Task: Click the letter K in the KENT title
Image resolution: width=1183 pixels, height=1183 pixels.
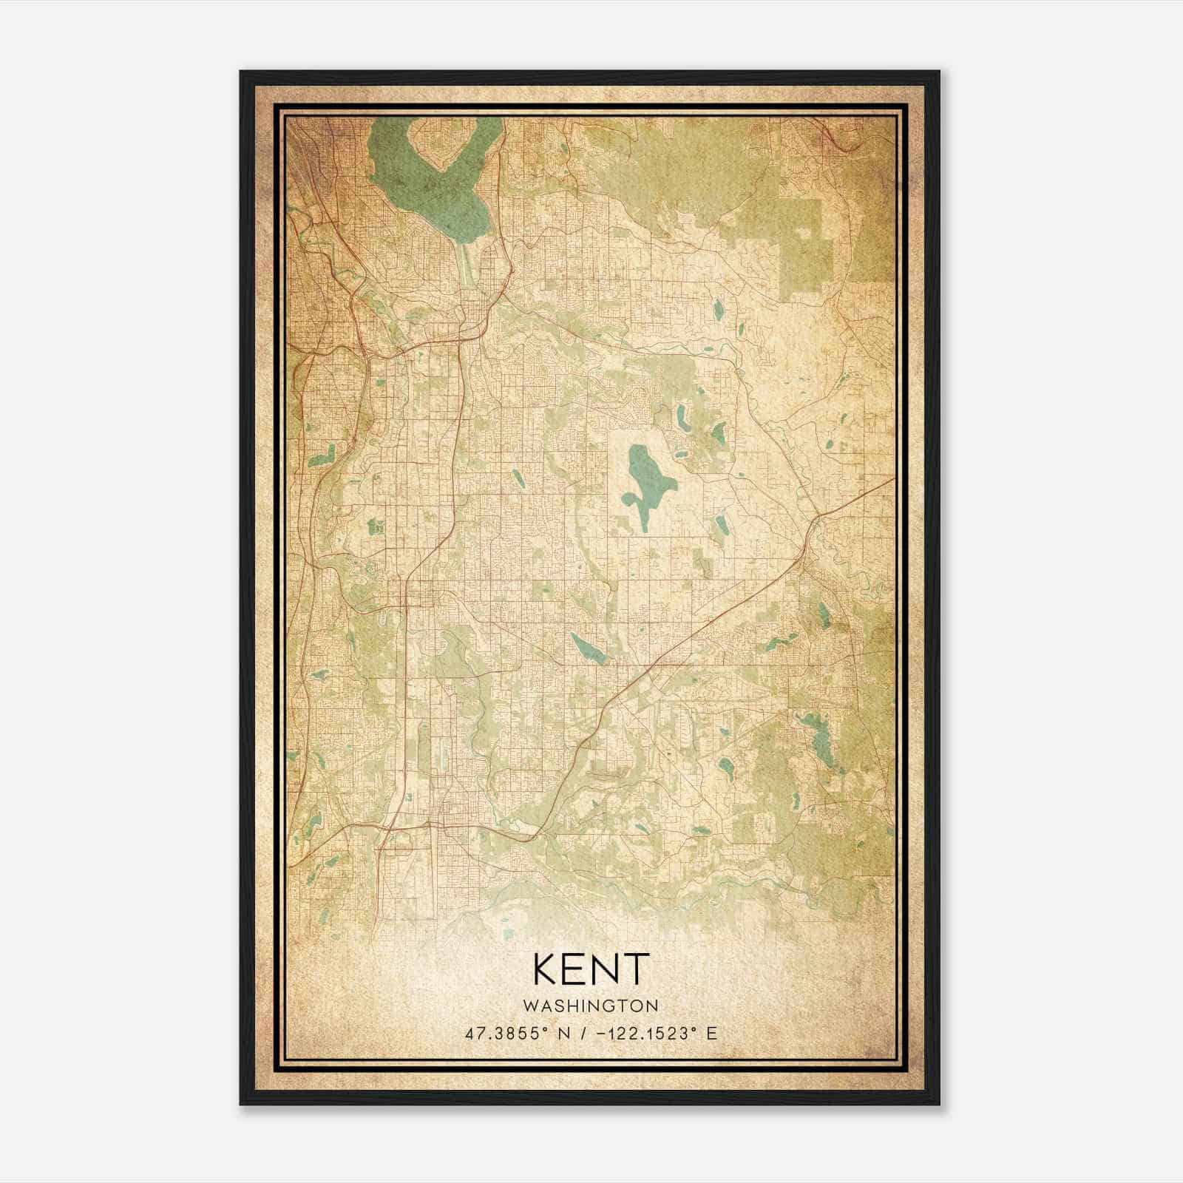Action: (x=545, y=969)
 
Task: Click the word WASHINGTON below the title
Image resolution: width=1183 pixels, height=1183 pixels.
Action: (x=591, y=1006)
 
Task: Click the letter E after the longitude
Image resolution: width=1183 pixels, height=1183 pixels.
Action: (x=712, y=1033)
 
